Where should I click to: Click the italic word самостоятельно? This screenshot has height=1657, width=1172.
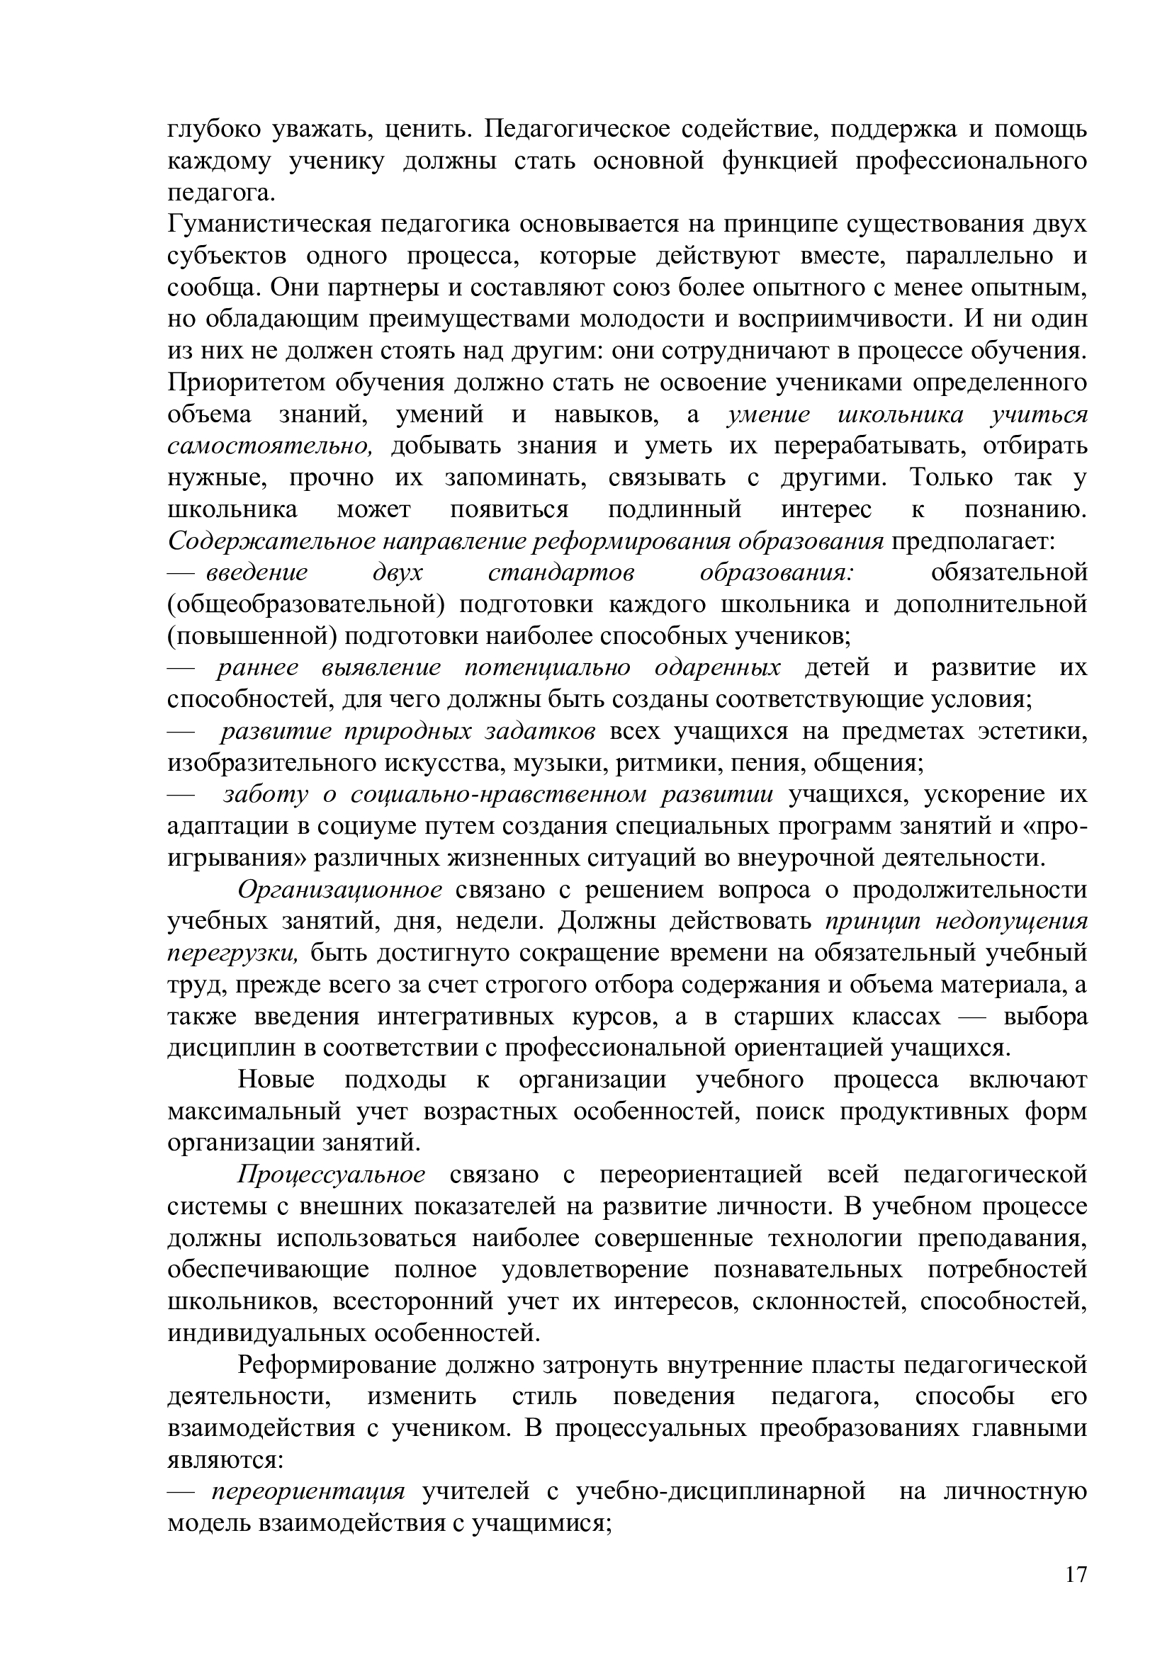click(270, 447)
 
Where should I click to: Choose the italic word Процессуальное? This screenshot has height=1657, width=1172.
click(332, 1175)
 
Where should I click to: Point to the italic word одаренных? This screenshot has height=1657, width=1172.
click(717, 668)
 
